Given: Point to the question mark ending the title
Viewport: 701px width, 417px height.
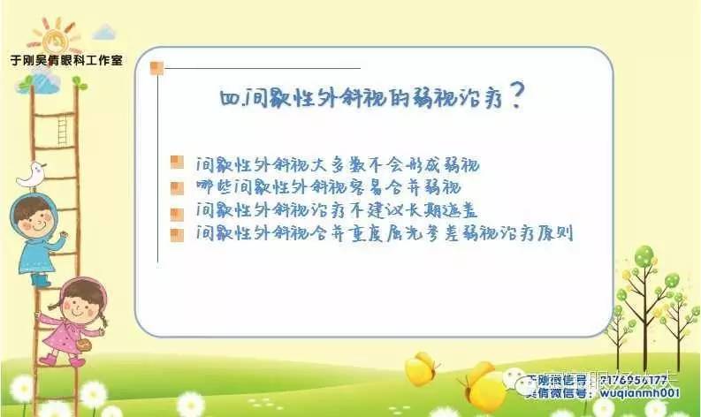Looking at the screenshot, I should (520, 96).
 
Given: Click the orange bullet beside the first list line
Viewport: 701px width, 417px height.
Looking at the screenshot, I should (177, 162).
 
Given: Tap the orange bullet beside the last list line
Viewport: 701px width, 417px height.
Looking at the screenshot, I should (177, 233).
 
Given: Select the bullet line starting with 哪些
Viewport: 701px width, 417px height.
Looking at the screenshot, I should (327, 186).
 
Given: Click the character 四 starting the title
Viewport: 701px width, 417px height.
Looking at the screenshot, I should (228, 99).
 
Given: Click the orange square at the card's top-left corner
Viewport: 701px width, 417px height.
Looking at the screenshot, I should (156, 68).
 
